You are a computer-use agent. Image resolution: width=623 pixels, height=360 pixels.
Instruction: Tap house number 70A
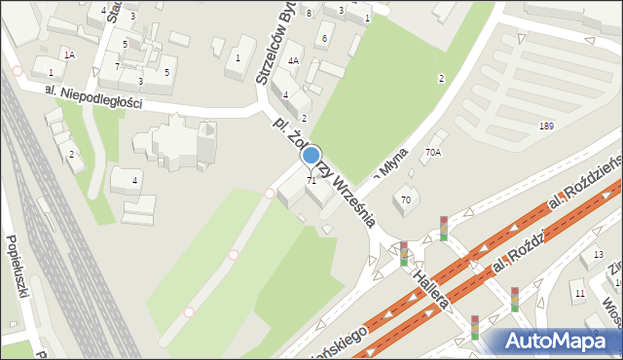(x=432, y=153)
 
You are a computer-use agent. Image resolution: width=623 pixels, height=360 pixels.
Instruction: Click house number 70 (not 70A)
(x=405, y=199)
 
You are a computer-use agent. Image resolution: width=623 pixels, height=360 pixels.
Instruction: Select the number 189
(x=546, y=126)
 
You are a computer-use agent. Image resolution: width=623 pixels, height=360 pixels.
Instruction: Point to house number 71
(x=311, y=181)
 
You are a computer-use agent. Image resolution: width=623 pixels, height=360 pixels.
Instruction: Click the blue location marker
(x=311, y=155)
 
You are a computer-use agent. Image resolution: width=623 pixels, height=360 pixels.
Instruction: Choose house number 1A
(x=68, y=55)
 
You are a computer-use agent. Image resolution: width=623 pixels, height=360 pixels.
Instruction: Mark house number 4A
(x=292, y=60)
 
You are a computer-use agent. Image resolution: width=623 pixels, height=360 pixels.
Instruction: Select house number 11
(x=579, y=293)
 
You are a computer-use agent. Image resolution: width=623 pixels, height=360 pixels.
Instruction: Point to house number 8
(x=309, y=13)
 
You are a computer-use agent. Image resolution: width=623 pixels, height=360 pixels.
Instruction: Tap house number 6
(x=325, y=38)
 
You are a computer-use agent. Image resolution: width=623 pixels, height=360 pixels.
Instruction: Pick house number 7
(x=117, y=66)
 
